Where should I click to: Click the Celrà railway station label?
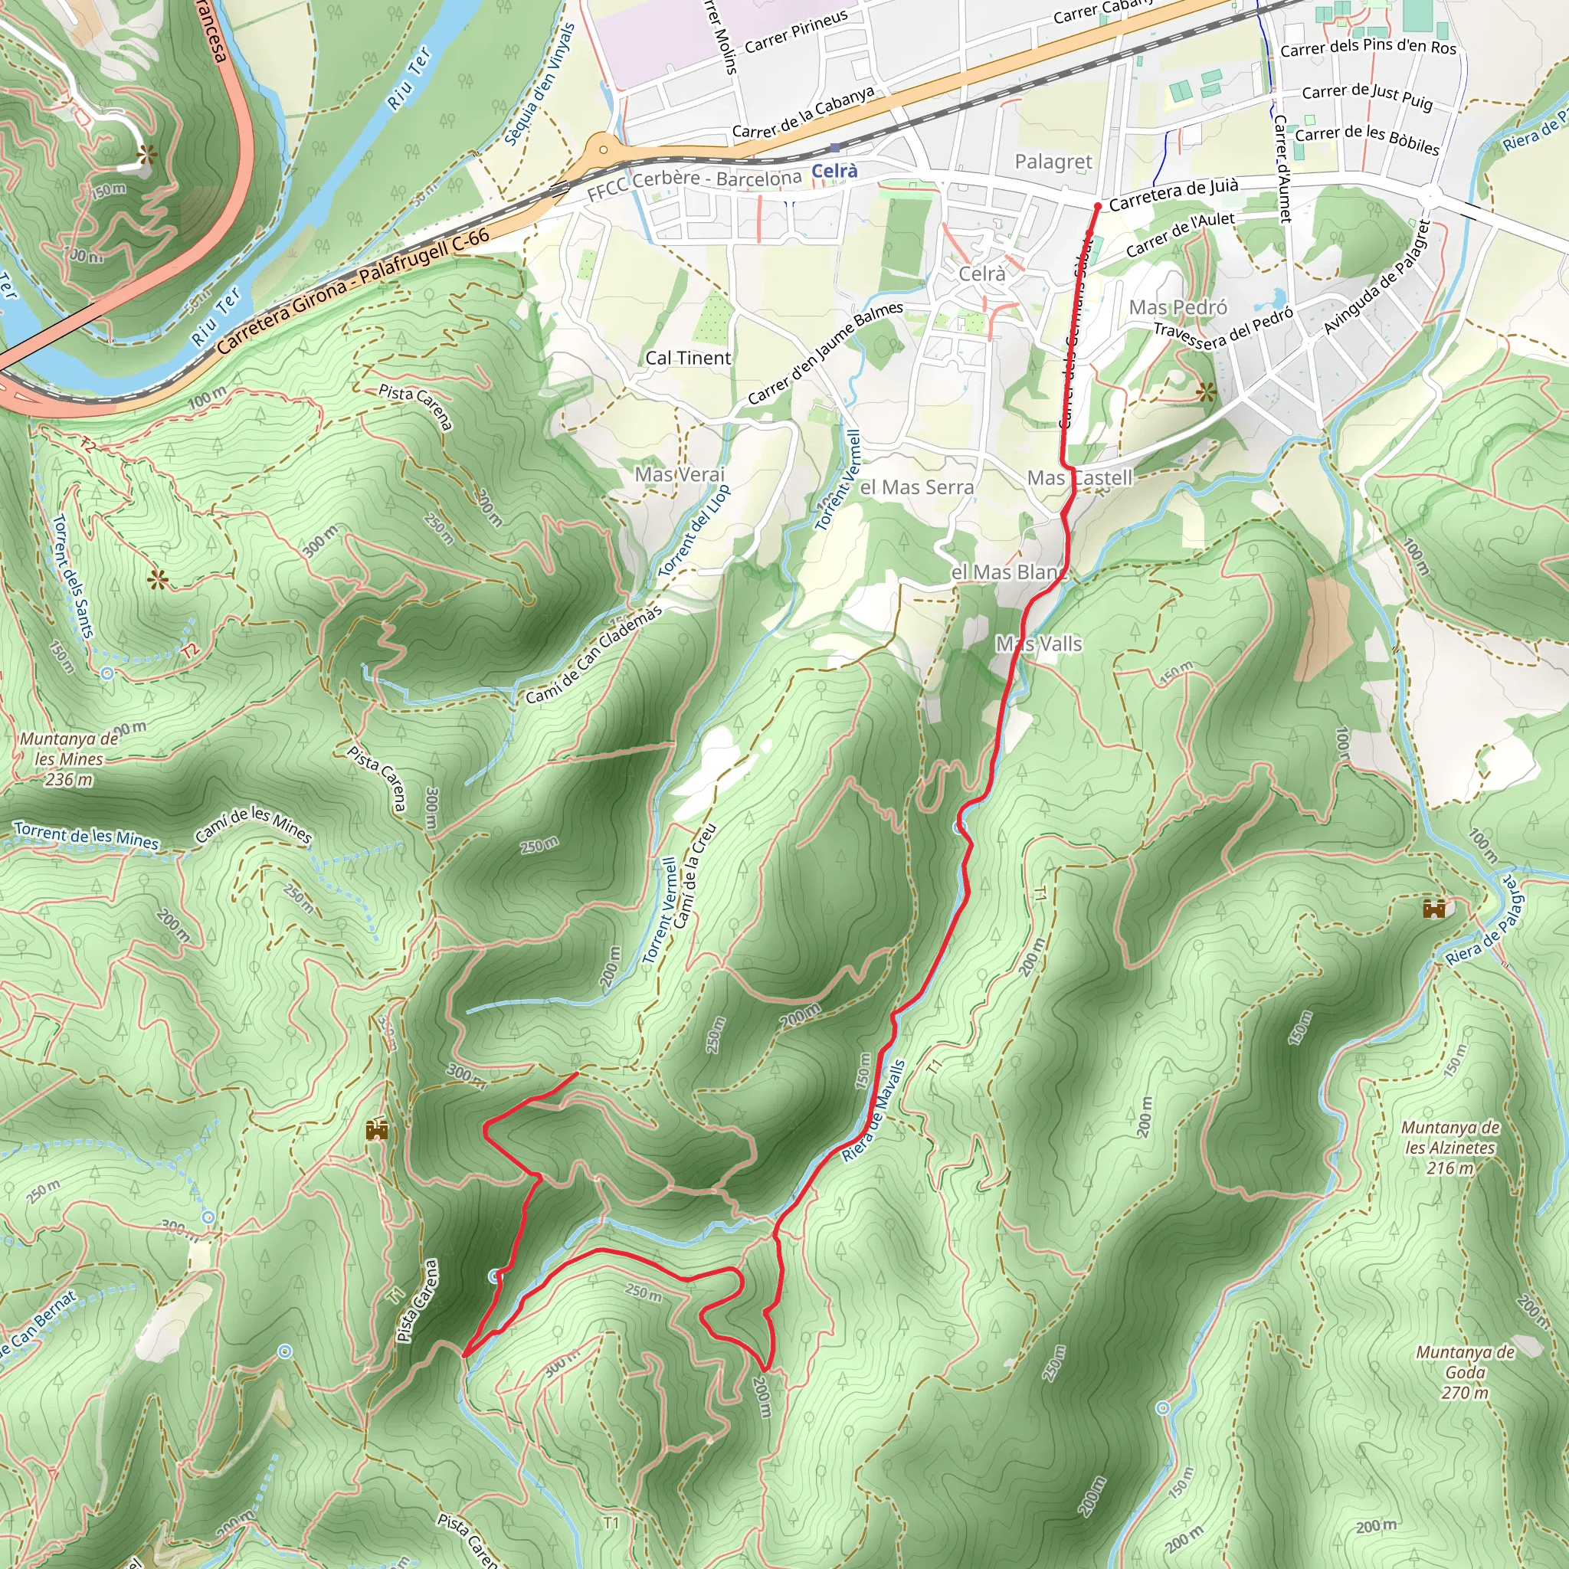coord(834,171)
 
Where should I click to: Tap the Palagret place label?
coord(1053,162)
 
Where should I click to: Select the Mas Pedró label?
coord(1178,307)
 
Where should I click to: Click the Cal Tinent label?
coord(688,358)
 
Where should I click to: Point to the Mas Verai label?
coord(679,474)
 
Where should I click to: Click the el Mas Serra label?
coord(916,487)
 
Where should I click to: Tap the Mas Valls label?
coord(1039,644)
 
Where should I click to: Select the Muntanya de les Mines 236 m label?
coord(69,759)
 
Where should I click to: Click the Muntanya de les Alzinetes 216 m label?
coord(1449,1148)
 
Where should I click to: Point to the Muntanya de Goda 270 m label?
coord(1465,1372)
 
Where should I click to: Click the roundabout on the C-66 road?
coord(603,149)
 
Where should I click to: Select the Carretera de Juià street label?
coord(1174,194)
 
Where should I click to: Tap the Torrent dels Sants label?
coord(73,577)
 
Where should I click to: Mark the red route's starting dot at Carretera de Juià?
coord(1097,207)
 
